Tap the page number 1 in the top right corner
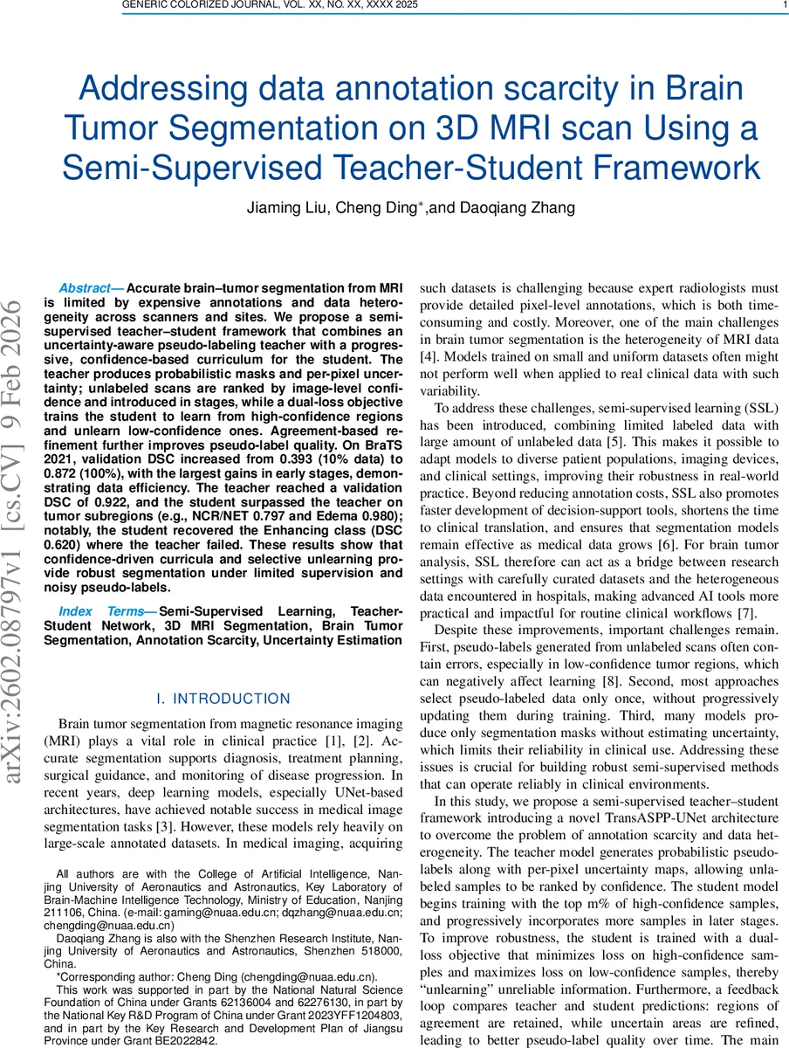(774, 5)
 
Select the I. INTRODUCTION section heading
(223, 699)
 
